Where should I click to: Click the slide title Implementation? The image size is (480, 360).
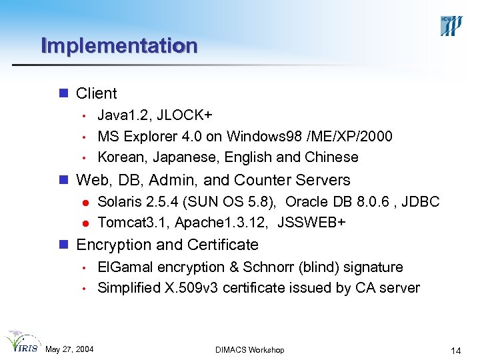(119, 46)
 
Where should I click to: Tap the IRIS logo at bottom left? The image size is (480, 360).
(21, 343)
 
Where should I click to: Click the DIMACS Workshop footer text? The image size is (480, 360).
(250, 350)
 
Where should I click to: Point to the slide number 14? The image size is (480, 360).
(456, 351)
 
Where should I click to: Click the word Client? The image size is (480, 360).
(97, 93)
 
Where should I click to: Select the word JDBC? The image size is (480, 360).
(419, 202)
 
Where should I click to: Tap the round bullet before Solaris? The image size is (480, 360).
(85, 203)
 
